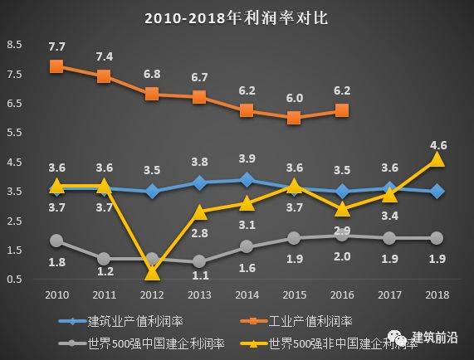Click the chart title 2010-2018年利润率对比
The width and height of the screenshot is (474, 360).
click(x=237, y=17)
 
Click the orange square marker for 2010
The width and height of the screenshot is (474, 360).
click(x=56, y=66)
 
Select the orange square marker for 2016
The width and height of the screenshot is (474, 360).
click(x=341, y=109)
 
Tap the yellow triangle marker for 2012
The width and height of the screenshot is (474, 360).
click(x=152, y=272)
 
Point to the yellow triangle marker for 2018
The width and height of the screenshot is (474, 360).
click(x=437, y=159)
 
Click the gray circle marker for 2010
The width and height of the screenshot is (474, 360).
click(x=56, y=241)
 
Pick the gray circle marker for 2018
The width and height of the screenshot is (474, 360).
click(x=437, y=238)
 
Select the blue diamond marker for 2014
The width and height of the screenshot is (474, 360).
click(x=247, y=179)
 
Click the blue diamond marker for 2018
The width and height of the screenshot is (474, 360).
click(x=437, y=191)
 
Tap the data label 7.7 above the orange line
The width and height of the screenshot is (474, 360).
click(x=56, y=46)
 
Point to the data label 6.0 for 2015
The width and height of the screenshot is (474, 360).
click(x=295, y=98)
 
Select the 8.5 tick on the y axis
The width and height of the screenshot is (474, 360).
click(x=14, y=44)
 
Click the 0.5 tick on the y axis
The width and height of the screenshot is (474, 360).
click(x=14, y=279)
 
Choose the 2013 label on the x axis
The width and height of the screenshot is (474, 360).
click(x=199, y=294)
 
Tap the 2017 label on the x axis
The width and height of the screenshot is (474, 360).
click(x=389, y=294)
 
